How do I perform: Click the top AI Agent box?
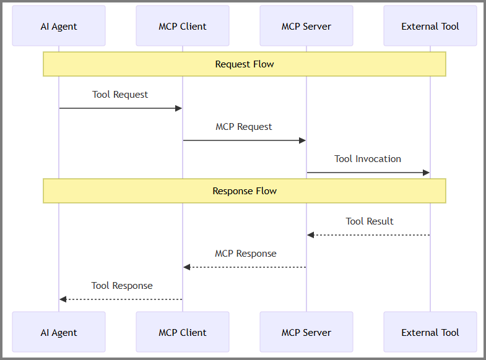[x=59, y=26]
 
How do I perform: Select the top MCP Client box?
[x=183, y=26]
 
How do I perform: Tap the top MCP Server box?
[x=306, y=26]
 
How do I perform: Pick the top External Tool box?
[x=430, y=26]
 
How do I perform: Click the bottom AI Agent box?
[x=59, y=332]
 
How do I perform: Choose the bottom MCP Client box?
[x=183, y=332]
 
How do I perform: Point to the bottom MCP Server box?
[x=306, y=332]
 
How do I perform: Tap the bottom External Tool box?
[x=430, y=332]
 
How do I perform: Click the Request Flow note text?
[x=245, y=64]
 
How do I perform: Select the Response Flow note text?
[x=245, y=191]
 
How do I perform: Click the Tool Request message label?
[x=120, y=95]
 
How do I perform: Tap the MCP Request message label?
[x=244, y=127]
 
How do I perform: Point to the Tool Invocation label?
[x=368, y=159]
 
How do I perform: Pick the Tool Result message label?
[x=370, y=221]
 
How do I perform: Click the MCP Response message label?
[x=246, y=254]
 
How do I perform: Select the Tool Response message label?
[x=122, y=286]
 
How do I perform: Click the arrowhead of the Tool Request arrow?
[x=179, y=108]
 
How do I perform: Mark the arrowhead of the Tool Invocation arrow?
[x=427, y=173]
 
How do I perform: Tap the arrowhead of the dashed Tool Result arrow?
[x=311, y=235]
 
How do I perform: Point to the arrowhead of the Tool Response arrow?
[x=63, y=299]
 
